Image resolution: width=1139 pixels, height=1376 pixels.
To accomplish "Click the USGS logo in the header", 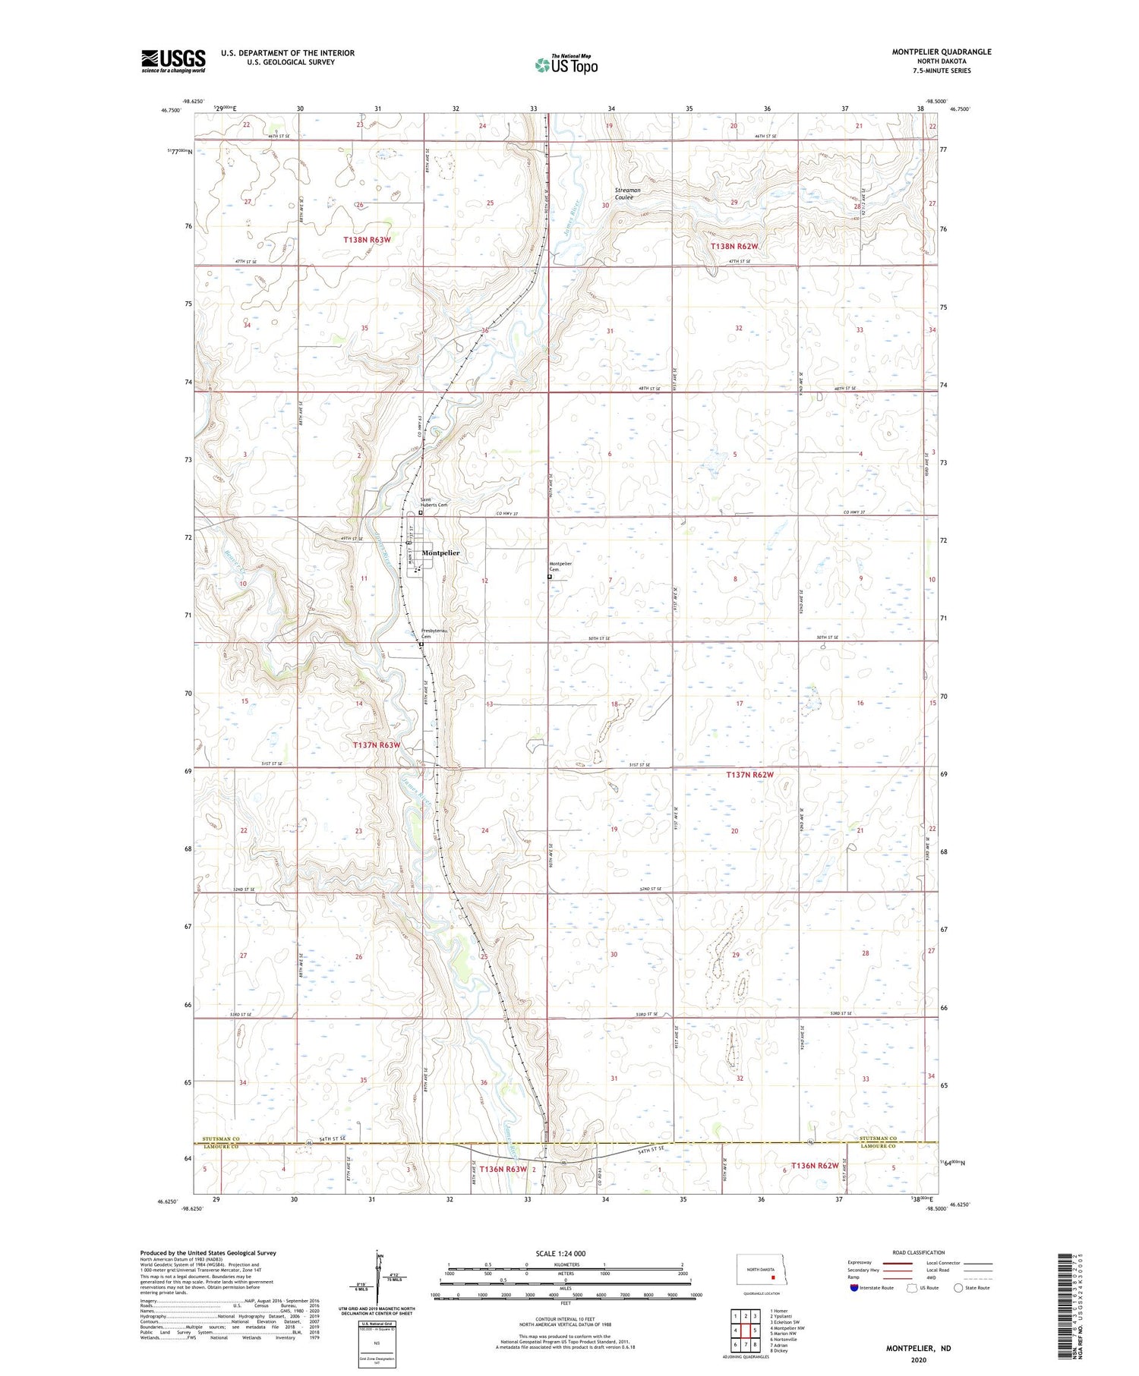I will (173, 61).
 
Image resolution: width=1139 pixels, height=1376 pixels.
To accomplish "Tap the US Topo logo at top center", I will (566, 65).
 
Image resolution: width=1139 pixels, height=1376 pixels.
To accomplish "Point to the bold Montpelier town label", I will (440, 553).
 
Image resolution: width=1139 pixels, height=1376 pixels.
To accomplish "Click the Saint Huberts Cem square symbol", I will (421, 512).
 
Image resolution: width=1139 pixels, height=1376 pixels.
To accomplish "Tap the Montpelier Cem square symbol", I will (550, 577).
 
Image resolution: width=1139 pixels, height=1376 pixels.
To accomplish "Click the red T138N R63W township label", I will (367, 240).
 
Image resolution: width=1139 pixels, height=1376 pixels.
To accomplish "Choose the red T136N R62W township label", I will (815, 1165).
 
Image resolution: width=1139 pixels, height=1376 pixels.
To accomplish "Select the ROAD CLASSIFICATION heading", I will (919, 1252).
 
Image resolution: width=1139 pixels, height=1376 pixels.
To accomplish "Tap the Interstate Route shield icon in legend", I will (854, 1287).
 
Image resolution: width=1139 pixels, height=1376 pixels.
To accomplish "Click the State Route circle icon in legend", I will (958, 1287).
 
